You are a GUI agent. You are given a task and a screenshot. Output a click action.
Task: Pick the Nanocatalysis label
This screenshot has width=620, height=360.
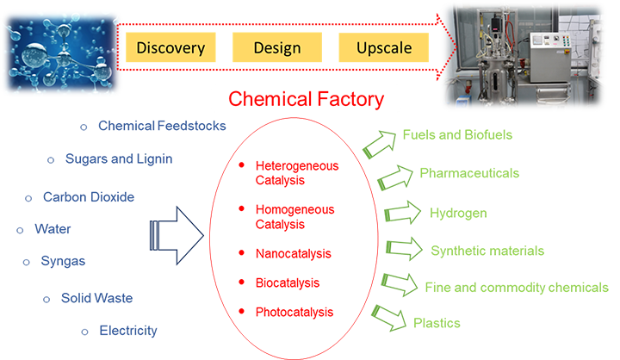294,254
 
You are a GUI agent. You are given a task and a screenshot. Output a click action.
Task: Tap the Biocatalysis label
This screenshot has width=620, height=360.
288,282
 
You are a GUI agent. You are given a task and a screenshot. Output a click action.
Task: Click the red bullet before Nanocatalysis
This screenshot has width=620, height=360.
245,254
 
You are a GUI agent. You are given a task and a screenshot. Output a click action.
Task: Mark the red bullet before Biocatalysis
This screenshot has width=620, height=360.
245,282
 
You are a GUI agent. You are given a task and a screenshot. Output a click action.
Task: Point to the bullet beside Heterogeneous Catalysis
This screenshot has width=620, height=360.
245,164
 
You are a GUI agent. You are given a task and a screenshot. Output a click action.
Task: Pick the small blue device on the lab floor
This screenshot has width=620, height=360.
462,97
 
